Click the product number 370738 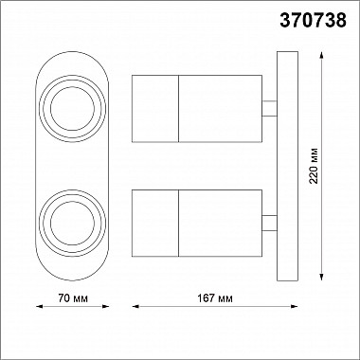click(313, 21)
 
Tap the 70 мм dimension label click(73, 298)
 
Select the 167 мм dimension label click(215, 298)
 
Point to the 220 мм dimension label click(314, 166)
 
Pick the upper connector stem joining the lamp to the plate click(269, 109)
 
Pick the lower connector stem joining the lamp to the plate click(269, 223)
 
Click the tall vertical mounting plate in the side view click(287, 166)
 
